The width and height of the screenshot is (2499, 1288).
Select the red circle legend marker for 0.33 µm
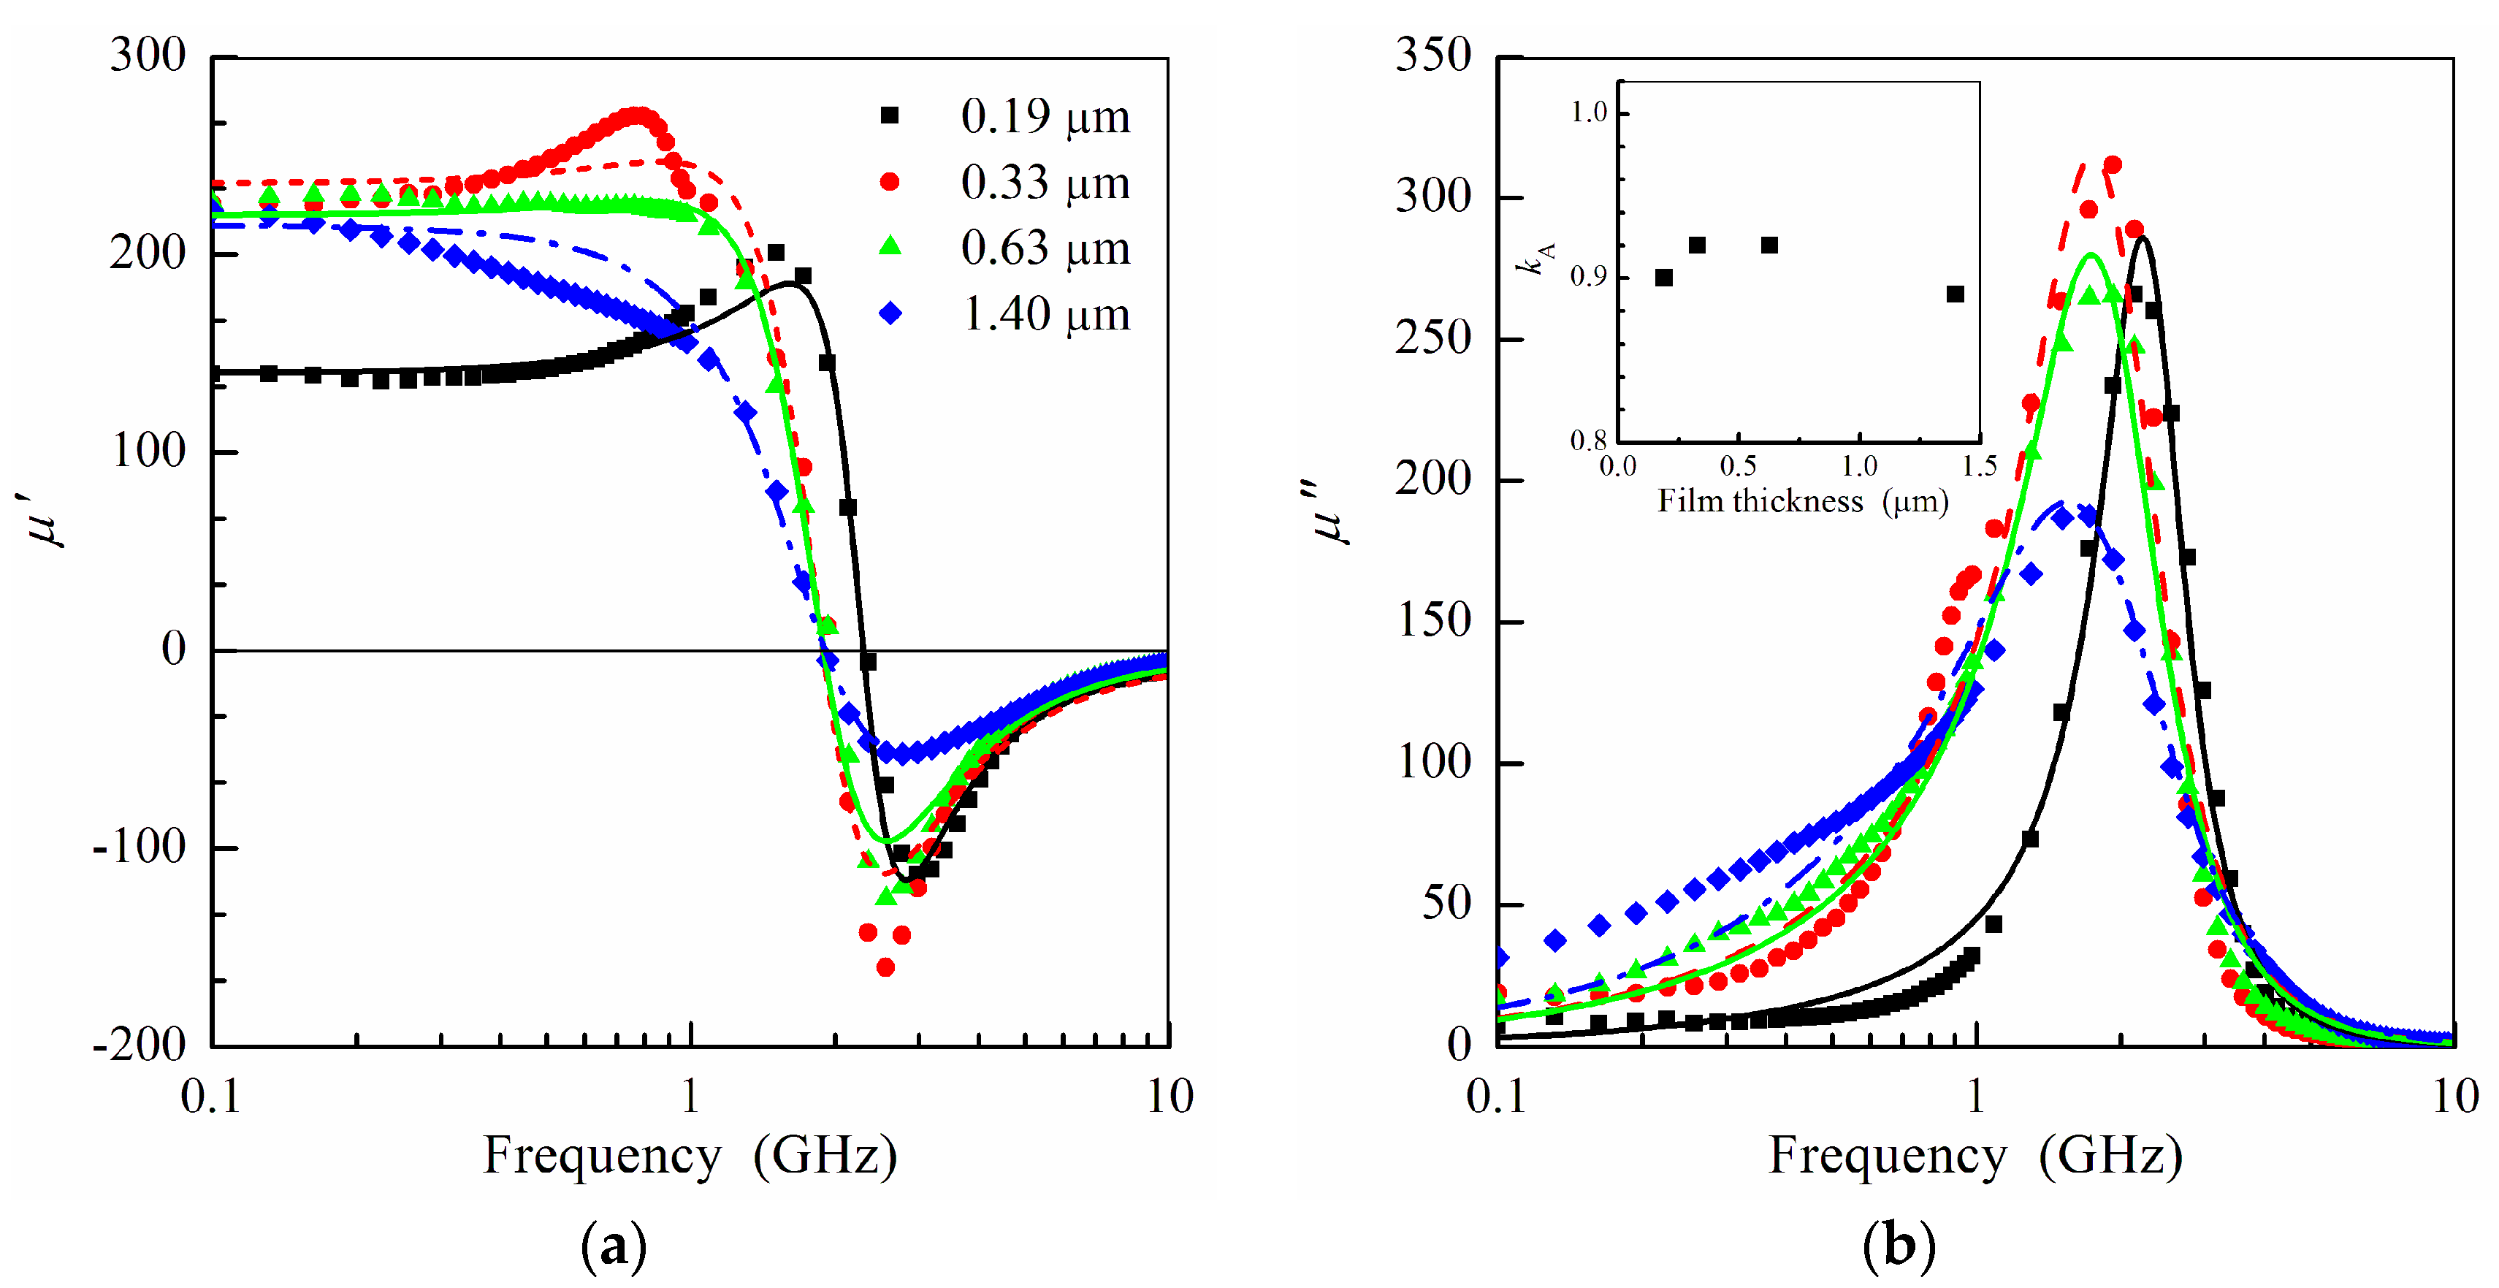click(888, 181)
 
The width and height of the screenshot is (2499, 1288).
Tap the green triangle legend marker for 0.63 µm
click(888, 248)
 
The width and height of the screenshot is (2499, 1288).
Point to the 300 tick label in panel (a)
click(148, 56)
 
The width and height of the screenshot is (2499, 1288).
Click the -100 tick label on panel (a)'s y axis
click(139, 847)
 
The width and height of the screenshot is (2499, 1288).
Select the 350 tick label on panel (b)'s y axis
click(1432, 56)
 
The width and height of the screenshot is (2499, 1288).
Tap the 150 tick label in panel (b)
click(1432, 621)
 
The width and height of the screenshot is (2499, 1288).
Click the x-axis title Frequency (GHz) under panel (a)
click(690, 1155)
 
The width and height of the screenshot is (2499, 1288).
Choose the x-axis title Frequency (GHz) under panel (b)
click(1975, 1155)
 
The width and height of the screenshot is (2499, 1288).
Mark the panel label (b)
click(1899, 1246)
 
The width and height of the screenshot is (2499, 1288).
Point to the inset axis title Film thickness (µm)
click(1802, 501)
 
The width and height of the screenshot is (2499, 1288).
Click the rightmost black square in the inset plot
click(1955, 294)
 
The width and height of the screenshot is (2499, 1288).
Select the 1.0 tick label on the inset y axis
click(1589, 113)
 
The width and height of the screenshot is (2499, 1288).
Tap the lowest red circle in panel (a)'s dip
click(885, 967)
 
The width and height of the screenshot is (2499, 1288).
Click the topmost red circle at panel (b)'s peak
click(2112, 165)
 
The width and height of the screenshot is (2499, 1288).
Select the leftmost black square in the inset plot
click(1664, 278)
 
